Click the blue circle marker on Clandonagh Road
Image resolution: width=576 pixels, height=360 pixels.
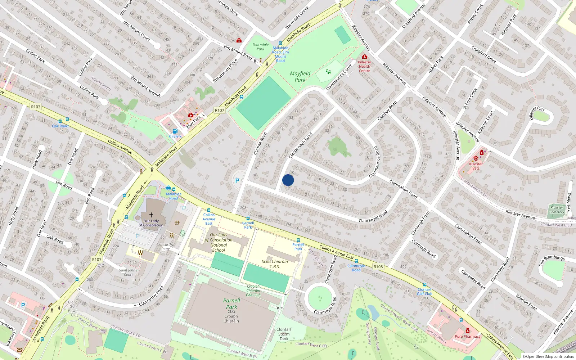click(288, 180)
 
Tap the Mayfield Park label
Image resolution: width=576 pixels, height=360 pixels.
click(300, 77)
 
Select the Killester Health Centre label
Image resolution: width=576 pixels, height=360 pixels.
click(364, 66)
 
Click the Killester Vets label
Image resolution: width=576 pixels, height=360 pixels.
click(476, 166)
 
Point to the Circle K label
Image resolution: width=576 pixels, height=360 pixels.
click(175, 136)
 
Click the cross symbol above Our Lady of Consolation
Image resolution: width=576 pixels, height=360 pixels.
click(151, 215)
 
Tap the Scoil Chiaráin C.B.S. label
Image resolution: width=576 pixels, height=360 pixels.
click(275, 264)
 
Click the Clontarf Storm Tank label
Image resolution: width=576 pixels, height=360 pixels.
click(284, 334)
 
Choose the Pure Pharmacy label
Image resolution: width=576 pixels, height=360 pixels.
click(467, 336)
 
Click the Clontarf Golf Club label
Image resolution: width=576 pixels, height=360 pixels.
click(425, 292)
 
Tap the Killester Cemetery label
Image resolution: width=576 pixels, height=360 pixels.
click(557, 210)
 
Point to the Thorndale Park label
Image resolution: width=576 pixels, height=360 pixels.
click(260, 47)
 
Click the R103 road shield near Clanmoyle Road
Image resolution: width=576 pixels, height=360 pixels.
click(378, 266)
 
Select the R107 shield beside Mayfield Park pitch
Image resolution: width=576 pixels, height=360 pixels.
click(219, 111)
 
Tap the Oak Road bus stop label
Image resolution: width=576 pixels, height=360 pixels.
click(60, 126)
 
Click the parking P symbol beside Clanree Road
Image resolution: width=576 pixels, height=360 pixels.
click(237, 181)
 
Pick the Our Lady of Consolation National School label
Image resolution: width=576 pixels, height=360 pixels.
click(219, 242)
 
